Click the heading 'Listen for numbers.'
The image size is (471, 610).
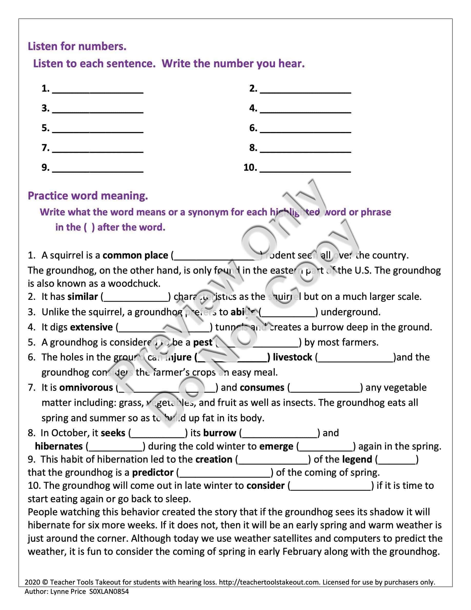77,46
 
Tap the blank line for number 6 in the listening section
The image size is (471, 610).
305,129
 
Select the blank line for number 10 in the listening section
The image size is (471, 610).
305,169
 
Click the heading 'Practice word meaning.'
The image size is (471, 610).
88,196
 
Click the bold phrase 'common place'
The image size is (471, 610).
135,255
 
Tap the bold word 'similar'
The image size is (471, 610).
83,297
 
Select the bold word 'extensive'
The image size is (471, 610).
91,327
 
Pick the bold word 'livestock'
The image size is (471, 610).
292,357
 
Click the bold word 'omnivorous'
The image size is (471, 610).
86,388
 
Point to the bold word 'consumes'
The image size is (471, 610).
262,388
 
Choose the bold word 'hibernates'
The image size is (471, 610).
59,446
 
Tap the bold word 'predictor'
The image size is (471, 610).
153,473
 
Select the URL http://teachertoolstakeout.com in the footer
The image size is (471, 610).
269,582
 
